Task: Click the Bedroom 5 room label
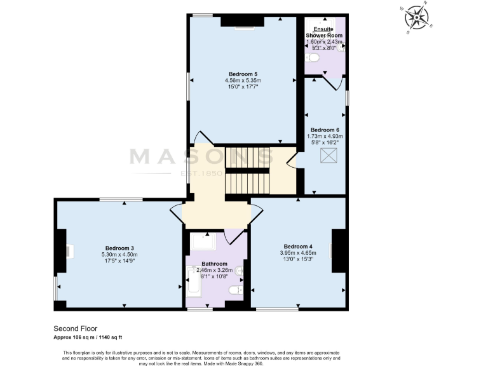(x=243, y=73)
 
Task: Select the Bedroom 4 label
(x=297, y=246)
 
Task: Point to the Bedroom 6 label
(x=325, y=129)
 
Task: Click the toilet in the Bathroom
(x=235, y=290)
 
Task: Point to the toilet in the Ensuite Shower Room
(x=311, y=58)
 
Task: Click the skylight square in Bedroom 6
(x=329, y=156)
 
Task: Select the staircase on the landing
(x=248, y=171)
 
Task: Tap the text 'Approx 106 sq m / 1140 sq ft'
(x=97, y=337)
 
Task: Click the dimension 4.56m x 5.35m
(x=243, y=81)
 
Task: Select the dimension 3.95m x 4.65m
(x=297, y=253)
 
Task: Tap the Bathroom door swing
(x=234, y=236)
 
